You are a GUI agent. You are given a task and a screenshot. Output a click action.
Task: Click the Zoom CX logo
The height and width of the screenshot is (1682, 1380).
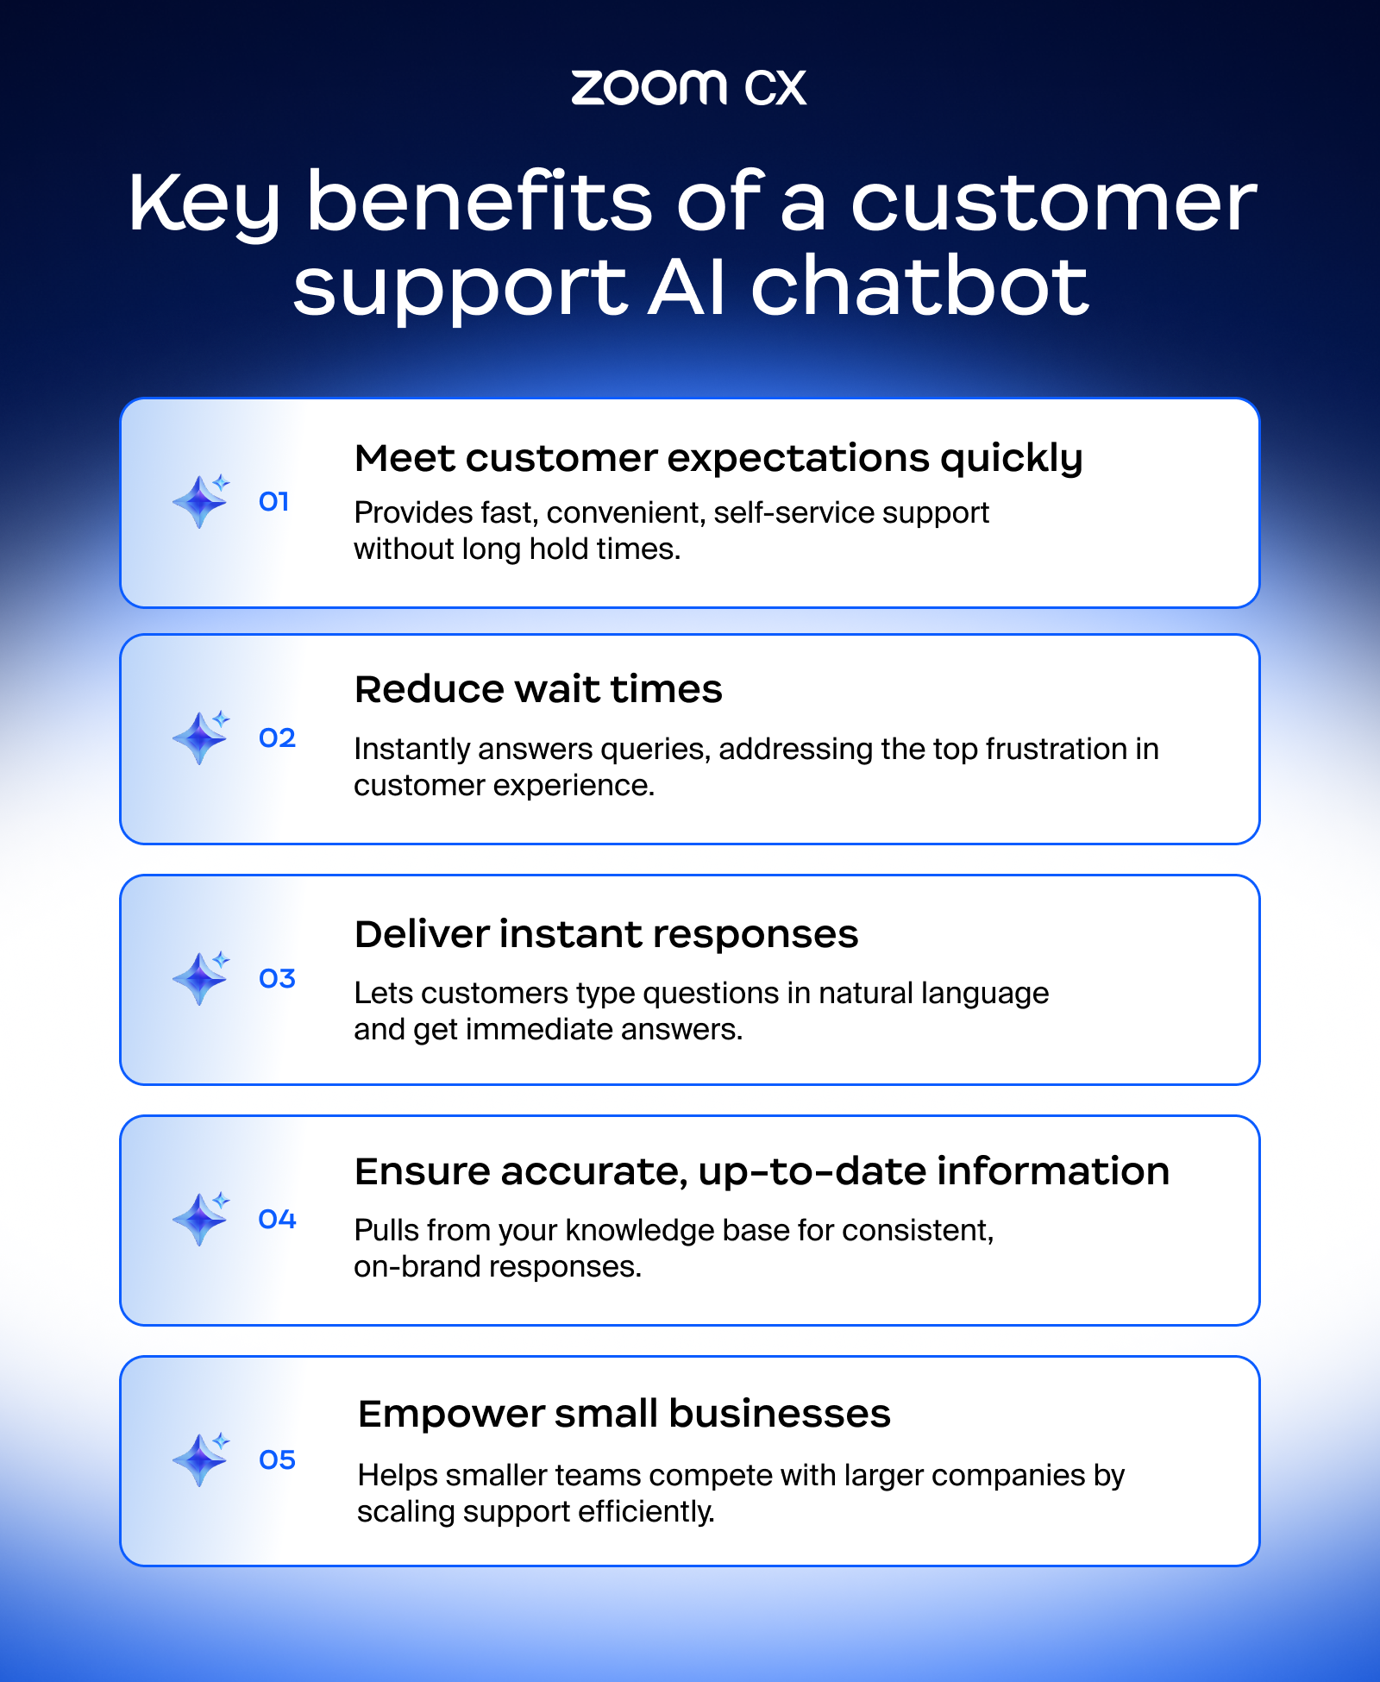[x=688, y=87]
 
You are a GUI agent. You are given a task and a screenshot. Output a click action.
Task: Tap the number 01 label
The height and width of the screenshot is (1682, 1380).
[x=273, y=501]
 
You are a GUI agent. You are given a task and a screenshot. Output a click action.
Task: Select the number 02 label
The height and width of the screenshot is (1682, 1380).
[x=277, y=737]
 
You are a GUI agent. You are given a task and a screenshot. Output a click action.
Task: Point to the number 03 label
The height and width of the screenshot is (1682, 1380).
[x=277, y=978]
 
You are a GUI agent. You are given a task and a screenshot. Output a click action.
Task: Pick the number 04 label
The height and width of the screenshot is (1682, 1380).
[x=277, y=1219]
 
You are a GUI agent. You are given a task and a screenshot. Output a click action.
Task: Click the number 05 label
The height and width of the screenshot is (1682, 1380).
[x=277, y=1459]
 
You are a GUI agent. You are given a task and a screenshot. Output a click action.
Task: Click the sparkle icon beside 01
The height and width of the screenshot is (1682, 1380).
[x=201, y=500]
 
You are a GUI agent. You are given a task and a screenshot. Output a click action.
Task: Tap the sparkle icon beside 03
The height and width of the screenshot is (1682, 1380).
[x=201, y=977]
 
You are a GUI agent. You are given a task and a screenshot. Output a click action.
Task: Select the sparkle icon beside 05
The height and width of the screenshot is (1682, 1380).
[x=201, y=1459]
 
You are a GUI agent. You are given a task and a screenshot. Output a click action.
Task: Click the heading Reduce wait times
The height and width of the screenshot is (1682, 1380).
[x=538, y=689]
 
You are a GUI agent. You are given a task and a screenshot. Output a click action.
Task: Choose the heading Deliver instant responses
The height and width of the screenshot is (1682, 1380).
[x=606, y=934]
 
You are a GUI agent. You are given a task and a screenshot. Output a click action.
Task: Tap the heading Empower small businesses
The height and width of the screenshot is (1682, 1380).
[x=624, y=1414]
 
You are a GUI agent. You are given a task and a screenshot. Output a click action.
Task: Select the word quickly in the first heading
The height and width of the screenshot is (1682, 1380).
[x=1011, y=459]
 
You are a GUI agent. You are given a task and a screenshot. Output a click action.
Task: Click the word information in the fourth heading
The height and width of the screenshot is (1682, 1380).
[x=1053, y=1171]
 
